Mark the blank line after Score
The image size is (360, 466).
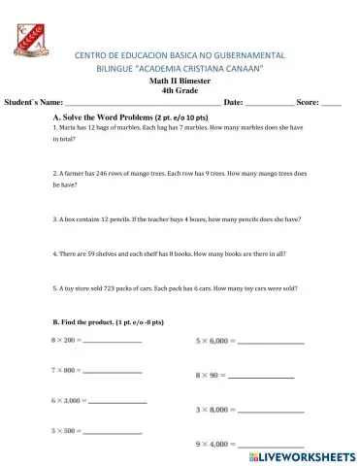[x=331, y=103]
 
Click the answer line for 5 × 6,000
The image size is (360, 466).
[x=271, y=343]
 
